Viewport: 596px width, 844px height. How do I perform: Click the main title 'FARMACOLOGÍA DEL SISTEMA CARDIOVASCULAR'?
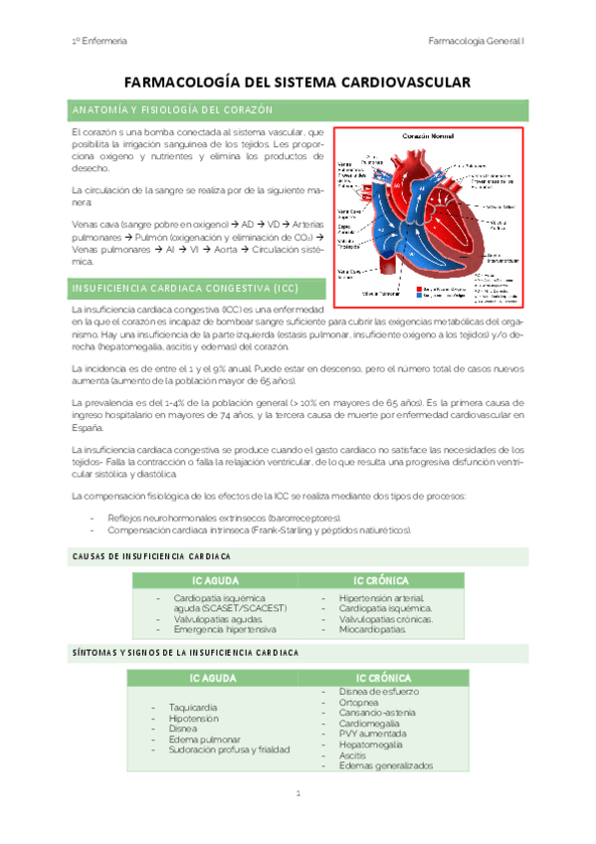click(x=298, y=86)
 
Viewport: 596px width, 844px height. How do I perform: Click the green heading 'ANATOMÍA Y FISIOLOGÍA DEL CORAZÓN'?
click(x=167, y=110)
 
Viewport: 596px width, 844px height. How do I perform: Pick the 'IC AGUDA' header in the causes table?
click(x=214, y=580)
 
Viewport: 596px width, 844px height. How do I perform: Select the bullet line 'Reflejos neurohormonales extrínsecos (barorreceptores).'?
click(x=227, y=519)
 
